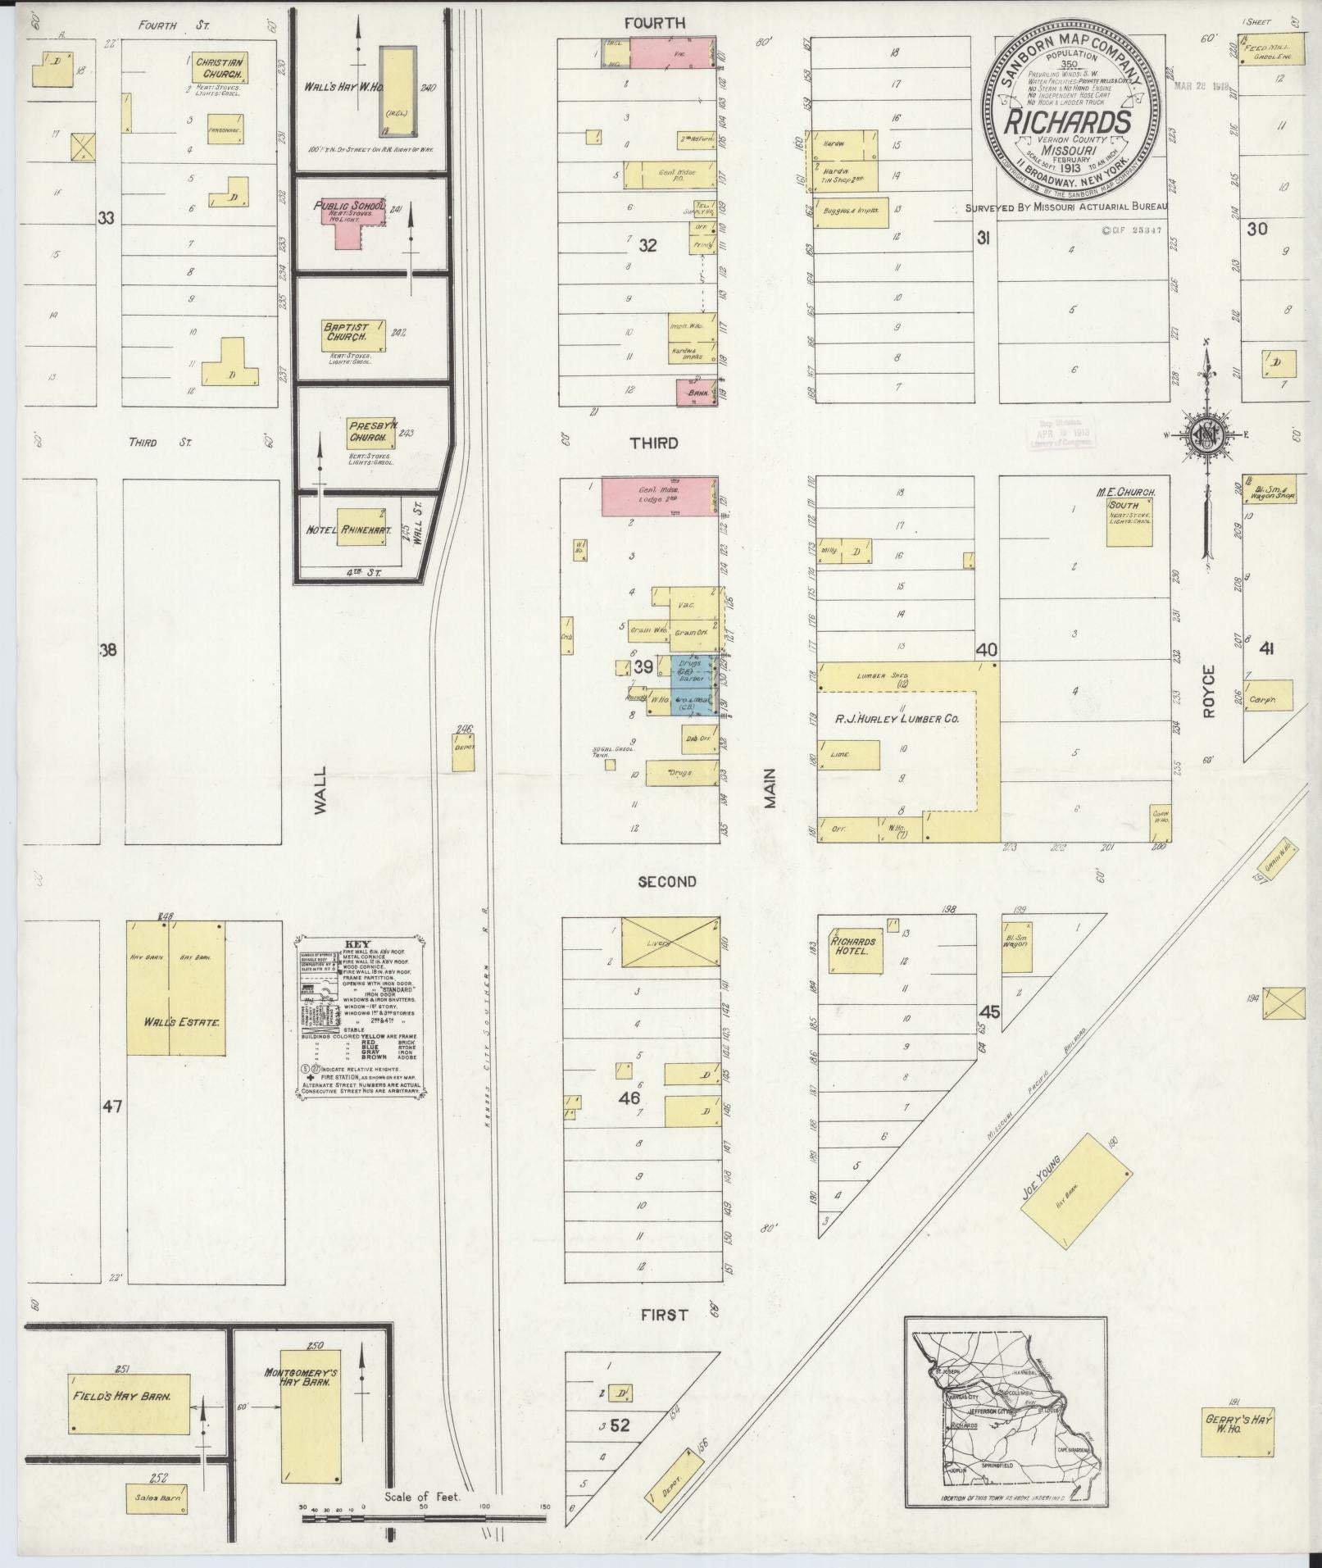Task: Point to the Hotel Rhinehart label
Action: (x=348, y=530)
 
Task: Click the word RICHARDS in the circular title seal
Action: (x=1074, y=123)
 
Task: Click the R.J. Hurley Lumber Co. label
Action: (x=896, y=719)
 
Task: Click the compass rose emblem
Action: (x=1206, y=435)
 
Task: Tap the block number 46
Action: (x=629, y=1098)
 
